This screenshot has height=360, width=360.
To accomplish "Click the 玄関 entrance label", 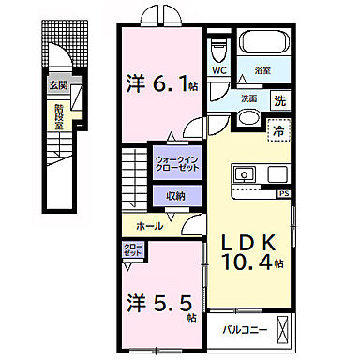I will [x=59, y=84].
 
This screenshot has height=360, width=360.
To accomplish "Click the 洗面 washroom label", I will [x=248, y=99].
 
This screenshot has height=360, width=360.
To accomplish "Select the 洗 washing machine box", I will [x=280, y=99].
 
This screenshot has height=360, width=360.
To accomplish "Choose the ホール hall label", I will [x=150, y=225].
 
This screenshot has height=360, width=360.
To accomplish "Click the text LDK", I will [x=248, y=240].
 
